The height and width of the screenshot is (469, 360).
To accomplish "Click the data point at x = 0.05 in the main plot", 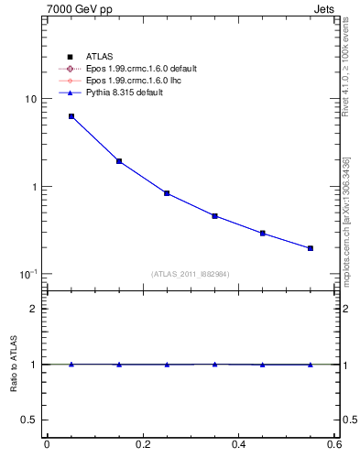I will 71,116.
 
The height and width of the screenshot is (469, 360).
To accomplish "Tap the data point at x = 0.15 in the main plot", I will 119,161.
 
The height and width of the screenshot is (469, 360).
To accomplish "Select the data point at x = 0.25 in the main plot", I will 167,193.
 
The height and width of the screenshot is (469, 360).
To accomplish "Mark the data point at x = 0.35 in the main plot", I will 214,216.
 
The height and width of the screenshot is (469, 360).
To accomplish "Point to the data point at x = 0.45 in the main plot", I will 263,234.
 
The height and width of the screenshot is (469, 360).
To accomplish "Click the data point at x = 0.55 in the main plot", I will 311,248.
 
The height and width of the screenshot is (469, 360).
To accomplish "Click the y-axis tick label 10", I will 30,99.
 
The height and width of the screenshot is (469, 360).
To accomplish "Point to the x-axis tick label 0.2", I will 143,444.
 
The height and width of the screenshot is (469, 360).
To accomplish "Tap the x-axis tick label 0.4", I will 239,444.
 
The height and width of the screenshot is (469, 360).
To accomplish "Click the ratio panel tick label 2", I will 34,309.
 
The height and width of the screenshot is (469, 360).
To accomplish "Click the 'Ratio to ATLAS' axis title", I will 13,364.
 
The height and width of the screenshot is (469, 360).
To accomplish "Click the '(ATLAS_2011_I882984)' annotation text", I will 191,274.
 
